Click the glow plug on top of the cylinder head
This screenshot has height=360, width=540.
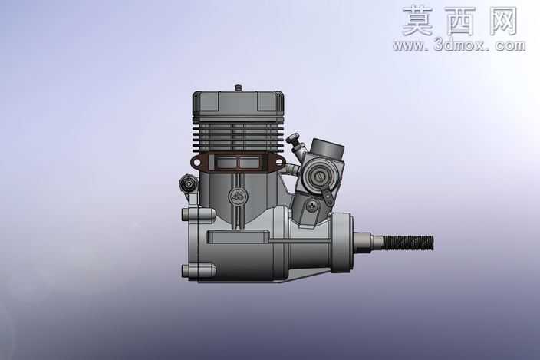tap(238, 88)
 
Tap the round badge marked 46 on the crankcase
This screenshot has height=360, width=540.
tap(237, 197)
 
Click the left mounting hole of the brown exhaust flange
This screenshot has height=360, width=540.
tap(196, 162)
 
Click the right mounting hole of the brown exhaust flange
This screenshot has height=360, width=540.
tap(279, 162)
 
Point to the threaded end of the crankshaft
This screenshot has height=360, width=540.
tap(408, 243)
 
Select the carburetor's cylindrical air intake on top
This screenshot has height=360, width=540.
tap(327, 148)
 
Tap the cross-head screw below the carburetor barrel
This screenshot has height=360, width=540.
tap(311, 205)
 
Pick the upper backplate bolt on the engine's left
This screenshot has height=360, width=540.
tap(199, 215)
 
